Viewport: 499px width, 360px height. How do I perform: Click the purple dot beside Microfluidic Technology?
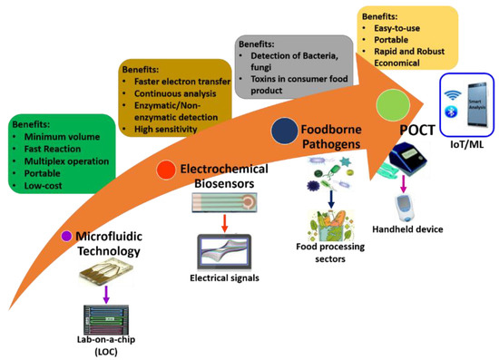point(66,236)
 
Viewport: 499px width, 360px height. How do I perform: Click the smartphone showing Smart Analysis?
point(475,101)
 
